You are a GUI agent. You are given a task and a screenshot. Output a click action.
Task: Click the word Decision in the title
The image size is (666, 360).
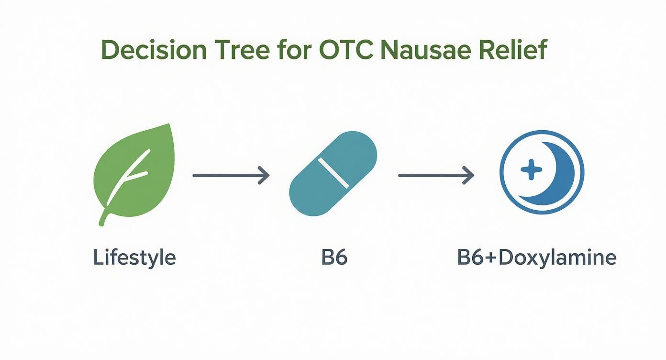pos(155,51)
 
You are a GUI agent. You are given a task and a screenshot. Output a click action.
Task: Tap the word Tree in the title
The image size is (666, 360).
pos(243,51)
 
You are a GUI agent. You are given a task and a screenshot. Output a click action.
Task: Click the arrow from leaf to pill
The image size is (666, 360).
pos(230,176)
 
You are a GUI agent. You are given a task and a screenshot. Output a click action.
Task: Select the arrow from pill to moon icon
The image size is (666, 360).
pos(435,176)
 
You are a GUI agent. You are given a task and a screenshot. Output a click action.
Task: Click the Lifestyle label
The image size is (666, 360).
pos(134,258)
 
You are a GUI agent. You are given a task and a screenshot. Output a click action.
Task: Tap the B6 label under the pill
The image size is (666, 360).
pos(334,258)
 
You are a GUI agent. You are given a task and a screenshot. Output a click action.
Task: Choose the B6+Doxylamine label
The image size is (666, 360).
pos(537,258)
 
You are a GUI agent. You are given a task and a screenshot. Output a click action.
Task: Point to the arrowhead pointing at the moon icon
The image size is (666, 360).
pos(469,176)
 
